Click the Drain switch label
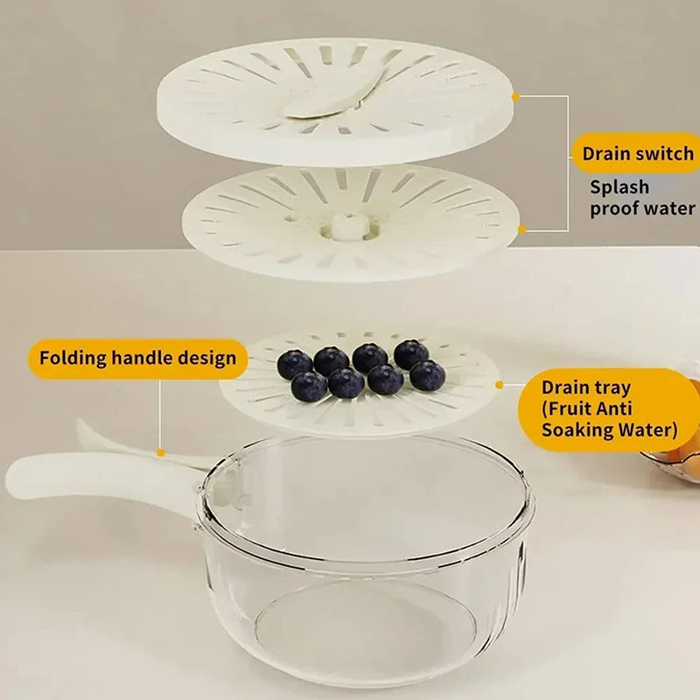pos(637,154)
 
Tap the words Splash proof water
pos(642,198)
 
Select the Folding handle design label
pos(137,358)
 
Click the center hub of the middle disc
pos(346,225)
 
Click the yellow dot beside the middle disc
pos(522,229)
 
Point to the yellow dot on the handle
pos(160,452)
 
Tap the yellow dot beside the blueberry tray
pos(498,383)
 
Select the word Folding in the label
pos(71,358)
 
